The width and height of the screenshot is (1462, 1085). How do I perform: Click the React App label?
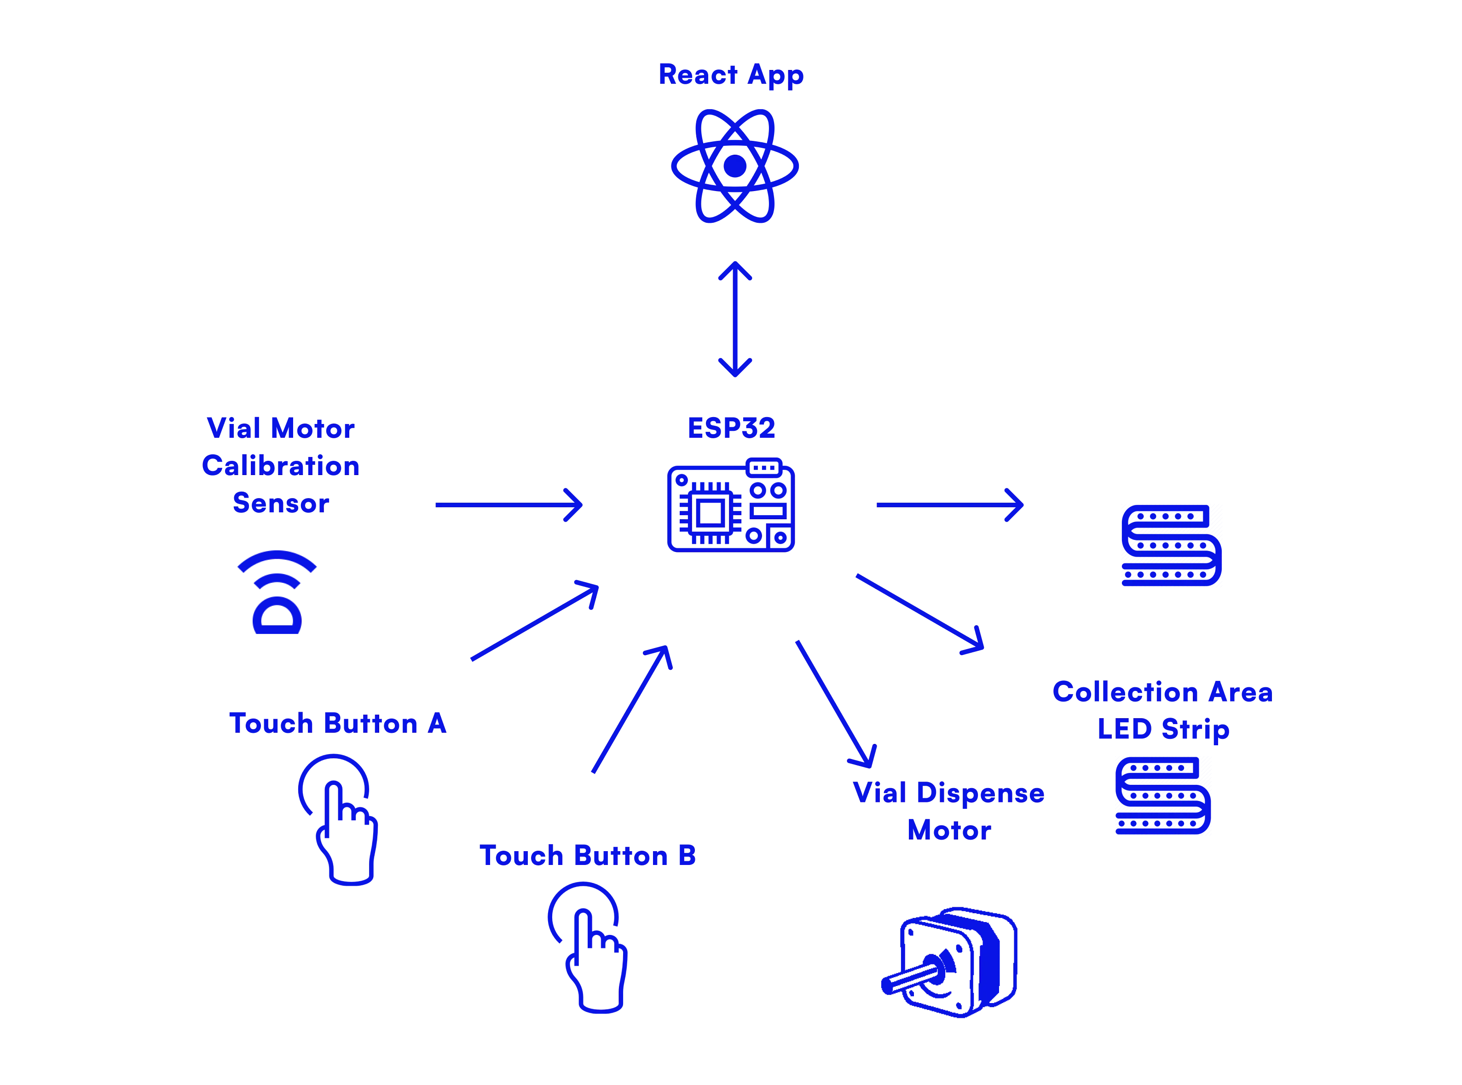tap(731, 74)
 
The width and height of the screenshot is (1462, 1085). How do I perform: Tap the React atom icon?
tap(734, 166)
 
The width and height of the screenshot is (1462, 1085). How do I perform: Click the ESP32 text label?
tap(731, 428)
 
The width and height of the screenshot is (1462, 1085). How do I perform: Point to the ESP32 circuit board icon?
tap(731, 505)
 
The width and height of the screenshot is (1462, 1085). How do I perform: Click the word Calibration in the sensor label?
tap(281, 466)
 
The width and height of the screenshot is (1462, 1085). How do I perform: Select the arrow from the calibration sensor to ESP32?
tap(509, 505)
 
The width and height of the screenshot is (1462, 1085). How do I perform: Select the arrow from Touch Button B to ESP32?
tap(631, 709)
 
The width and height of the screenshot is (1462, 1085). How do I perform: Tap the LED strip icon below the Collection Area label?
tap(1163, 795)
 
